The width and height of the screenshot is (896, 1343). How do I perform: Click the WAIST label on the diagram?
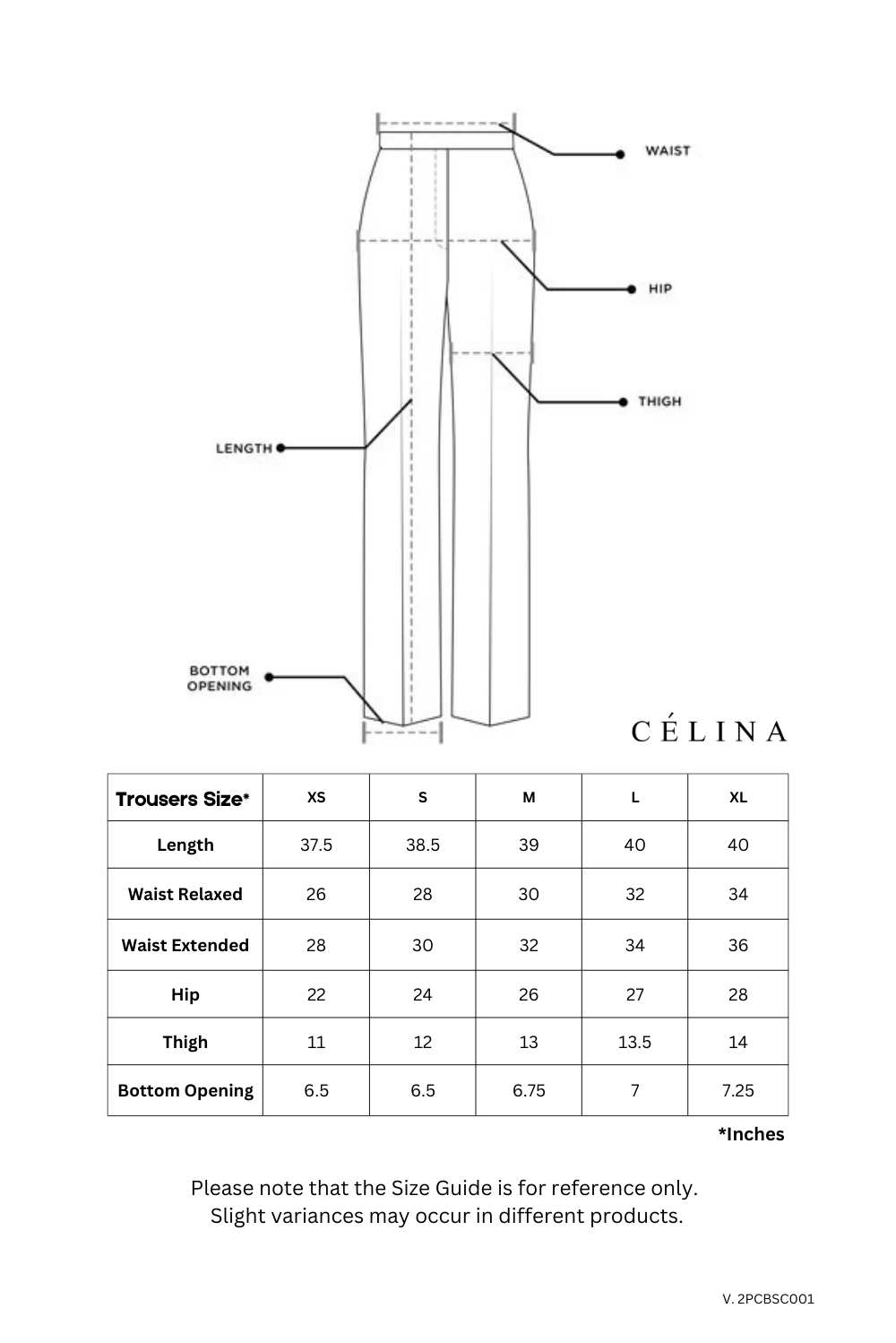(x=668, y=151)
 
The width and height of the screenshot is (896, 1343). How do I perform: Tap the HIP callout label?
(x=660, y=289)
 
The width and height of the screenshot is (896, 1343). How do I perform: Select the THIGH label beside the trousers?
(x=659, y=401)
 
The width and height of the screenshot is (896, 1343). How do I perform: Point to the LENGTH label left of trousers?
(x=244, y=447)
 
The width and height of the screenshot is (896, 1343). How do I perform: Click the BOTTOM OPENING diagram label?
(x=220, y=679)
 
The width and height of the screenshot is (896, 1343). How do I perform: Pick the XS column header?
(x=316, y=797)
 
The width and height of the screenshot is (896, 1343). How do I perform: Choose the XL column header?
(x=737, y=797)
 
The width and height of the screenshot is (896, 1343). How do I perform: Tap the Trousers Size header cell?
(x=184, y=799)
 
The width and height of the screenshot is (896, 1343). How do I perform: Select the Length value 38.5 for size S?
(x=423, y=845)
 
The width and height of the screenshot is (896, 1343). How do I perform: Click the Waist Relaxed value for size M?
(x=529, y=894)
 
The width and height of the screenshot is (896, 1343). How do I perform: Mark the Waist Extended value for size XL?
(x=737, y=945)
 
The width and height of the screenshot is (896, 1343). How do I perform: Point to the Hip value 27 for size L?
(x=634, y=994)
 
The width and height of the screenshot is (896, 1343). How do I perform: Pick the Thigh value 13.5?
(x=634, y=1042)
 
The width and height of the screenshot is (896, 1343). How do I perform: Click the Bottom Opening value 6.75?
(x=529, y=1090)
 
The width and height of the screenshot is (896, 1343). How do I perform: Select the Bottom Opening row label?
(x=185, y=1090)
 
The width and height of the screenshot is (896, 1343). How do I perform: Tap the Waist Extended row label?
(x=185, y=945)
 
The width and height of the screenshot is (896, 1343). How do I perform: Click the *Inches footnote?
(x=751, y=1134)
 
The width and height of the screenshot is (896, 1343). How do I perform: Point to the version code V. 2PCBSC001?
(x=768, y=1298)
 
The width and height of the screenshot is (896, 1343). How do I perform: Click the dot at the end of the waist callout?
(x=620, y=154)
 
